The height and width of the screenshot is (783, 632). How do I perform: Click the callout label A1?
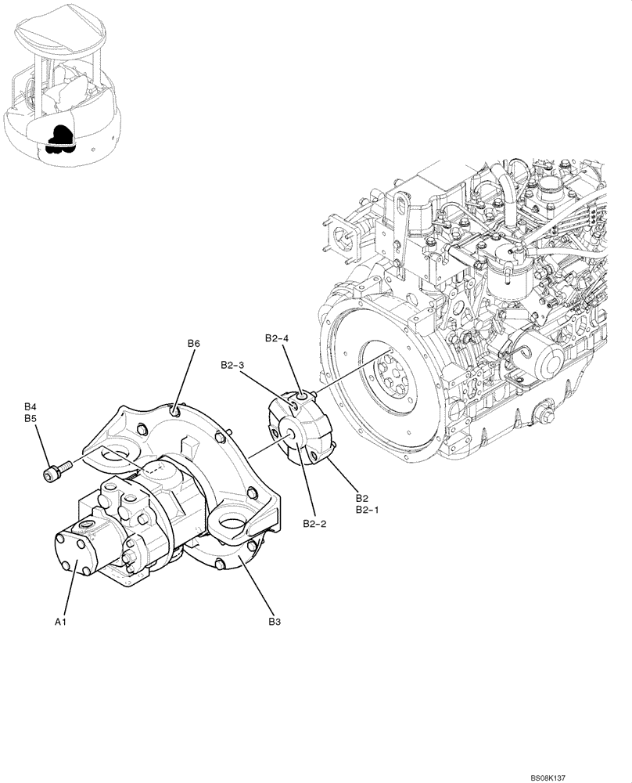coord(59,622)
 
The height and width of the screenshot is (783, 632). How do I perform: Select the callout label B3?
coord(275,622)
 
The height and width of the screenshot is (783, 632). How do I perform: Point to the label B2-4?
coord(277,338)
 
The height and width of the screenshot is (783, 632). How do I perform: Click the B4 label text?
coord(31,407)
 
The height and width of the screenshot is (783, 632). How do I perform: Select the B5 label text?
coord(31,419)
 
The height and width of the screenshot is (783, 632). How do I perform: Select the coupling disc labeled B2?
coord(300,431)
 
